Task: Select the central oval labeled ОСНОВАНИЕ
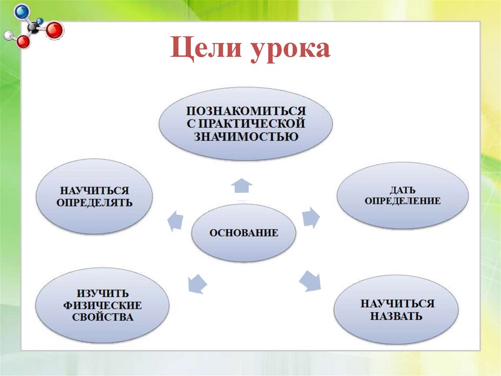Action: (244, 233)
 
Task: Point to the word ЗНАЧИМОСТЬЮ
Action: (246, 136)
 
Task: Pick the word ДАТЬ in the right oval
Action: (402, 189)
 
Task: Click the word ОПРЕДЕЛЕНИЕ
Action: (402, 201)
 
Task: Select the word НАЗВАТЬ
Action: (396, 316)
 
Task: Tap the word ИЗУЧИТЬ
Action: (103, 294)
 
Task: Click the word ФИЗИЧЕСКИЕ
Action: (103, 305)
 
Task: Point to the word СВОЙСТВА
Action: (103, 317)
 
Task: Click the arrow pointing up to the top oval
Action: (241, 186)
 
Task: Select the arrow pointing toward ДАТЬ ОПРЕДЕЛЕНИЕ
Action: (310, 217)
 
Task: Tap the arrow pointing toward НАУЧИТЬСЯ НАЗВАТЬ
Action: (310, 280)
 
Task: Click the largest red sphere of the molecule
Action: (55, 30)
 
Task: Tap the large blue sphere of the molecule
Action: (22, 11)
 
